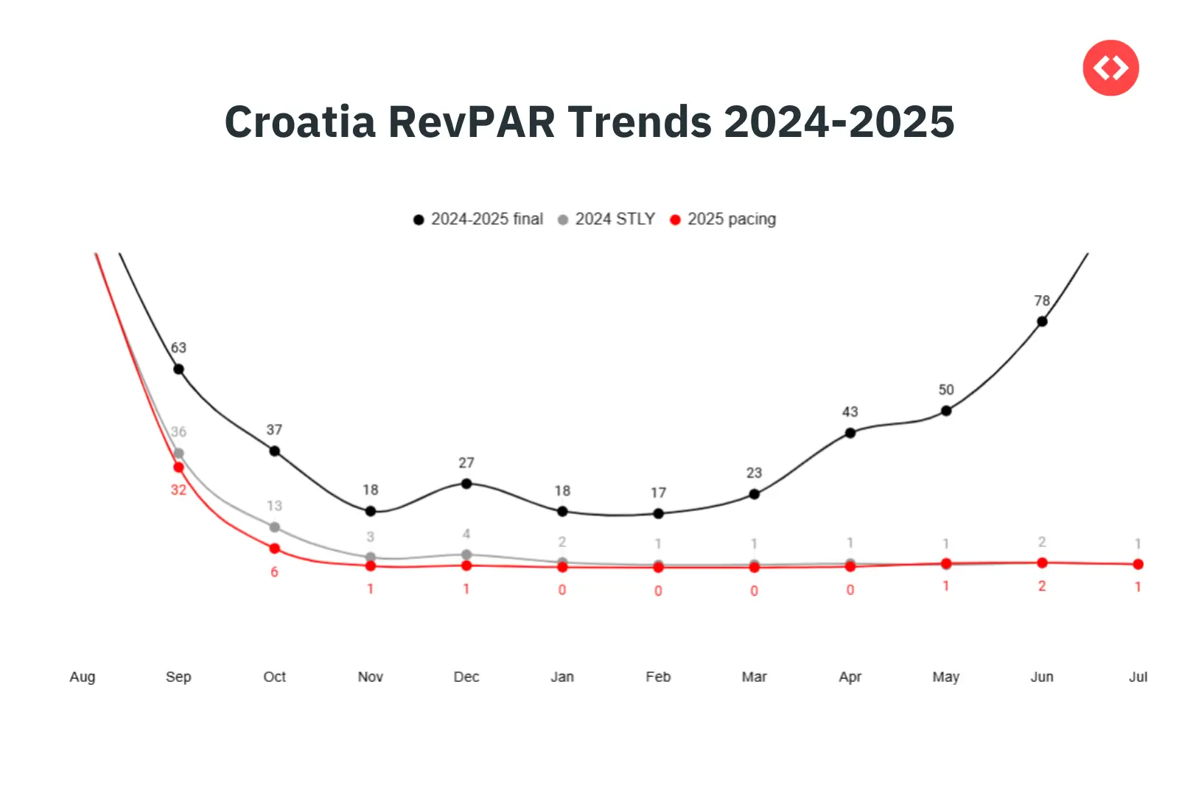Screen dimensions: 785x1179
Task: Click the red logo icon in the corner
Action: tap(1110, 68)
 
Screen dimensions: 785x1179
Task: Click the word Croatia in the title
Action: tap(300, 122)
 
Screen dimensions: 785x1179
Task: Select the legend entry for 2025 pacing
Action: tap(723, 219)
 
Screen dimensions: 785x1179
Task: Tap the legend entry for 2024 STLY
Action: tap(606, 219)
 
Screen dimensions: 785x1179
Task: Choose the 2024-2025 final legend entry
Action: tap(478, 219)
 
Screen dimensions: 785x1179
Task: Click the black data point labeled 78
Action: tap(1042, 321)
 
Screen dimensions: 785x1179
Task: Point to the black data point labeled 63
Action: tap(178, 369)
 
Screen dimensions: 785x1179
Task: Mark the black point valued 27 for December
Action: tap(466, 484)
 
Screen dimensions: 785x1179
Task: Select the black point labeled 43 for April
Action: tap(850, 433)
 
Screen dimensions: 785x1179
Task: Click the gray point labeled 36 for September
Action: tap(178, 454)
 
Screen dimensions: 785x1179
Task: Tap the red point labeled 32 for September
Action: tap(178, 468)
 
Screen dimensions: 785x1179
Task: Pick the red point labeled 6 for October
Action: tap(275, 549)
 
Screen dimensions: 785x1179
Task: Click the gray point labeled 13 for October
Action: tap(275, 527)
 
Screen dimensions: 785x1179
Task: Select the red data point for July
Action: tap(1138, 564)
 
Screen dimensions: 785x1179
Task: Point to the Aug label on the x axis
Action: tap(83, 677)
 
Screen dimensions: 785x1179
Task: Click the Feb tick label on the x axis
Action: tap(658, 677)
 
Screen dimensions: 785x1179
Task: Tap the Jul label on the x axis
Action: tap(1138, 677)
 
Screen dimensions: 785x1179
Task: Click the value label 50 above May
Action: tap(946, 390)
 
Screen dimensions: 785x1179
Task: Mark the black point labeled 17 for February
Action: tap(658, 513)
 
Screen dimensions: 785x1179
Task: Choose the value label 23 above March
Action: tap(754, 473)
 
